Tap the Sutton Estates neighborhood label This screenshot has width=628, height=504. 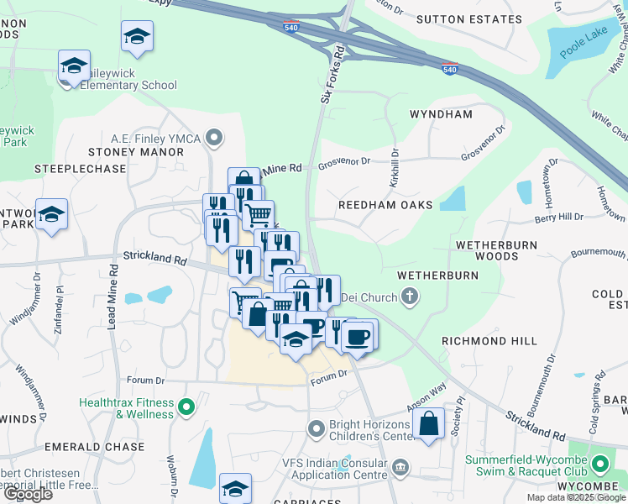click(x=480, y=18)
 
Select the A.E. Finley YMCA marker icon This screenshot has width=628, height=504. click(x=216, y=137)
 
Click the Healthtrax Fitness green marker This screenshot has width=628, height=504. click(x=186, y=408)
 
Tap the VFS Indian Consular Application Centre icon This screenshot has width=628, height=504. click(x=400, y=466)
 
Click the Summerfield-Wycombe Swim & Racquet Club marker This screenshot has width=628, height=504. click(x=599, y=464)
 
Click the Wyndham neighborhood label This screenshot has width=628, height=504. click(x=441, y=113)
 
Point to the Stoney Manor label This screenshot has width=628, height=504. click(x=136, y=152)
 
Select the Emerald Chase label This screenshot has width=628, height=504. click(x=107, y=447)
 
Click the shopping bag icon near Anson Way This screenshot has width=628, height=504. click(x=429, y=424)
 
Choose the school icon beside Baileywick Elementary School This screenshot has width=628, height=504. click(x=74, y=65)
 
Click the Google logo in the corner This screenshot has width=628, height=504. click(x=27, y=494)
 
